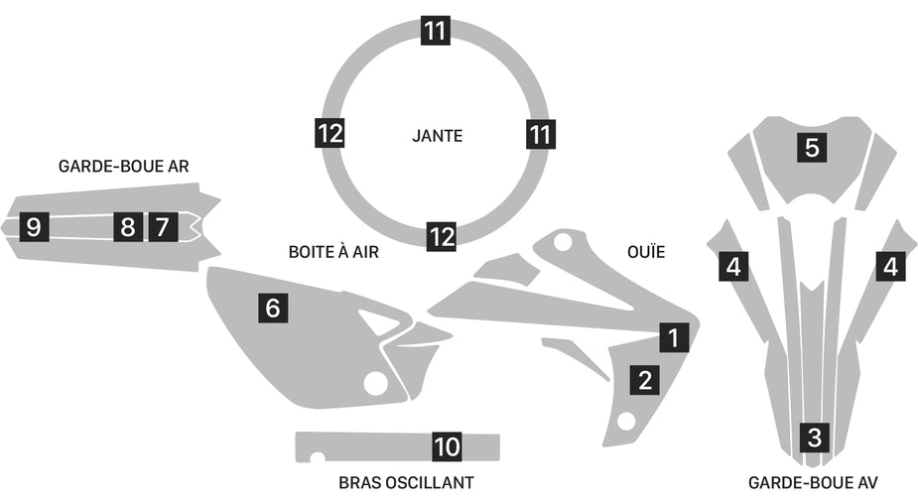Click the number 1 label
click(x=674, y=337)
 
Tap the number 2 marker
click(x=645, y=378)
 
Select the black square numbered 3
click(x=815, y=436)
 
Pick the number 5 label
click(x=812, y=148)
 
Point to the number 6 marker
click(x=273, y=308)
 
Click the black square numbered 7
click(x=162, y=226)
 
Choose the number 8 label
click(x=127, y=226)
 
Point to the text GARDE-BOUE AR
click(x=123, y=166)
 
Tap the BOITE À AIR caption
click(x=332, y=252)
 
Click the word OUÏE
click(x=645, y=252)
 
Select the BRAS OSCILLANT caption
click(x=406, y=483)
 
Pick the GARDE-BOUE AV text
click(x=814, y=483)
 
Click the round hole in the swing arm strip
click(x=317, y=458)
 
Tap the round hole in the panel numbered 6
click(x=375, y=383)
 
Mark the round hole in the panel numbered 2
click(x=626, y=421)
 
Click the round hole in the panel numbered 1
click(x=563, y=241)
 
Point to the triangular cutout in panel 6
click(x=378, y=321)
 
